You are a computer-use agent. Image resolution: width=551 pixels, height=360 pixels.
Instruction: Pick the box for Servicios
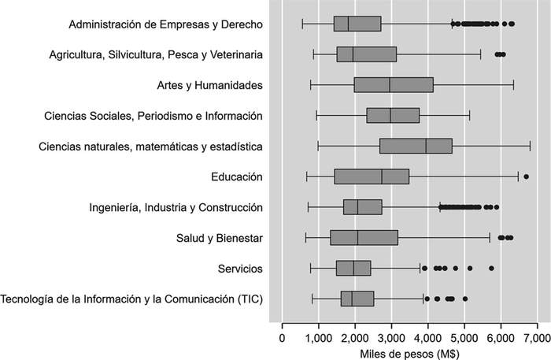(353, 269)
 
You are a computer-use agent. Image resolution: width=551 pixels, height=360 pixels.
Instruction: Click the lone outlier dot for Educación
(526, 176)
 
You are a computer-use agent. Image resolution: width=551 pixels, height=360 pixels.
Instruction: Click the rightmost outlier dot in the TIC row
(465, 299)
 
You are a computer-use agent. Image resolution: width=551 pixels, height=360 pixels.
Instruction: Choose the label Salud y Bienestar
(213, 238)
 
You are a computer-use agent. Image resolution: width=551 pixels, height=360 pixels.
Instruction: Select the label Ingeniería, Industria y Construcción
(176, 207)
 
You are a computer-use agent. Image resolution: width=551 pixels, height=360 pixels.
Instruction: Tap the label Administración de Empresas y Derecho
(165, 24)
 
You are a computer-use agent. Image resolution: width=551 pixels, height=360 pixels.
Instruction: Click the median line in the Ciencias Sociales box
(390, 116)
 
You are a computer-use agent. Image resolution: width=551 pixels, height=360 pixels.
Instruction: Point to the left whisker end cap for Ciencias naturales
(318, 147)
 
